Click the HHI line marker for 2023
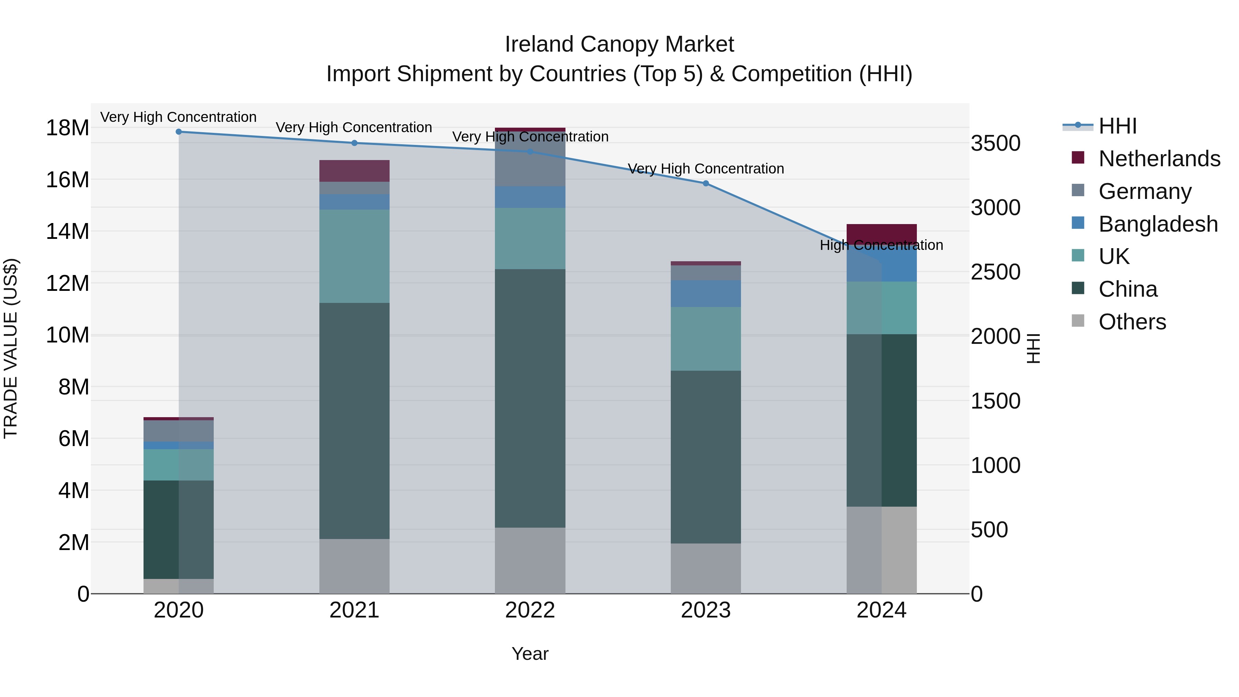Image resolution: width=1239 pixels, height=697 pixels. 706,183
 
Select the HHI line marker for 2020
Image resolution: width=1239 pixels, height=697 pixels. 178,131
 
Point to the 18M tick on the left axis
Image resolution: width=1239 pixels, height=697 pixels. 67,128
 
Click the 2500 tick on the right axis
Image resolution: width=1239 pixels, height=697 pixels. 995,272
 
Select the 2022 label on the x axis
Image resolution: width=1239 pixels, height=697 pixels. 530,610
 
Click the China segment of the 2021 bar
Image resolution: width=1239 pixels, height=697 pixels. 354,421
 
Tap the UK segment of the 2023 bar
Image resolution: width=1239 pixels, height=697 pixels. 706,339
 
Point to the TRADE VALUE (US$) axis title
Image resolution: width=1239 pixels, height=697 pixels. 11,348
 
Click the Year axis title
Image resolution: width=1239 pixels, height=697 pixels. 530,654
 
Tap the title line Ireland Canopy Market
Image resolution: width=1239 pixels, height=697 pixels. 619,44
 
